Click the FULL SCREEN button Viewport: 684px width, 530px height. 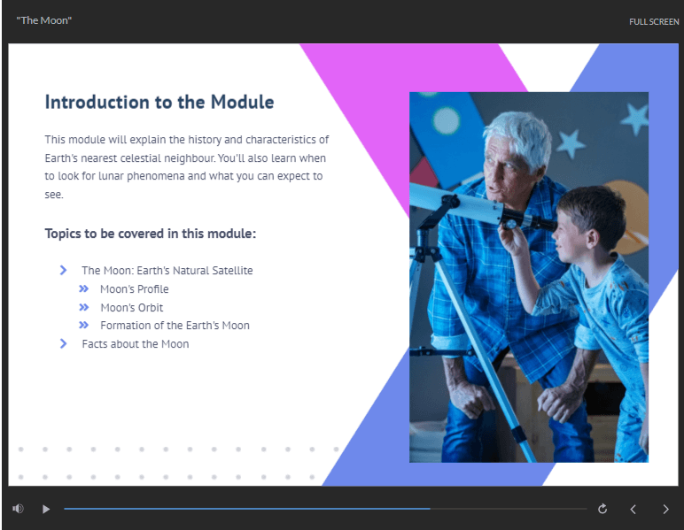(x=654, y=22)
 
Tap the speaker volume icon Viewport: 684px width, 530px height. (x=18, y=508)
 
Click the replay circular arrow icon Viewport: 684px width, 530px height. (x=602, y=508)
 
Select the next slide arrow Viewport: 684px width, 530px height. (x=665, y=509)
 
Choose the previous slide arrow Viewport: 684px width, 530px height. (x=633, y=509)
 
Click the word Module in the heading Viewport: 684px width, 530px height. (x=242, y=103)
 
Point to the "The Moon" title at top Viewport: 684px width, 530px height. (x=43, y=20)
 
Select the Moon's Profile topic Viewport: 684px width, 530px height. (x=135, y=289)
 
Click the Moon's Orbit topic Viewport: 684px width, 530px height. (x=132, y=307)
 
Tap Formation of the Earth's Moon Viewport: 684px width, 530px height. (x=175, y=326)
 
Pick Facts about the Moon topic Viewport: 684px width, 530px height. (x=136, y=344)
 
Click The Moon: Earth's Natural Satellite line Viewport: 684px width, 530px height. (x=167, y=271)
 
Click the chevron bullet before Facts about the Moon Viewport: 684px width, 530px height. (x=63, y=343)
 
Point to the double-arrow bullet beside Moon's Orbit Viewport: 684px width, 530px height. (x=84, y=307)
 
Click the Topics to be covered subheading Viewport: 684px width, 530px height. (x=151, y=234)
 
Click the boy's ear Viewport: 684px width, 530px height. (x=592, y=239)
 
